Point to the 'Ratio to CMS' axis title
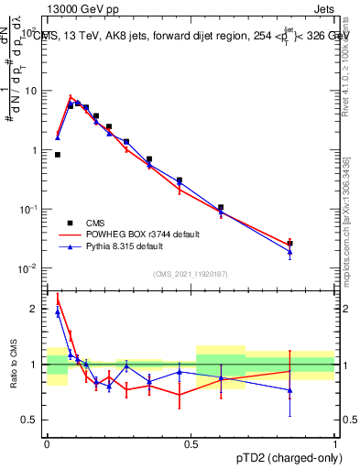(x=13, y=365)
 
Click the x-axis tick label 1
(x=335, y=443)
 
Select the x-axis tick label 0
(x=47, y=443)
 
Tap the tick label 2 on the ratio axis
(x=35, y=309)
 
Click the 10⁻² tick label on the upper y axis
(x=31, y=268)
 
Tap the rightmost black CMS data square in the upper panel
(x=289, y=244)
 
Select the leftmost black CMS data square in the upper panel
(x=58, y=155)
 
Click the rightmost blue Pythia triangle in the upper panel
(x=289, y=252)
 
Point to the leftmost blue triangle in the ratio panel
(x=58, y=312)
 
